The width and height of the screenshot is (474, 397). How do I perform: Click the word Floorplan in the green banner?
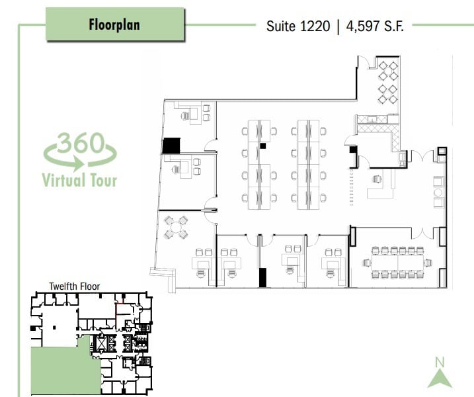tap(114, 26)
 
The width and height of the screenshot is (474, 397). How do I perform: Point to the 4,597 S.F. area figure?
tap(371, 26)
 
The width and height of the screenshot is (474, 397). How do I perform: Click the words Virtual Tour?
tap(79, 179)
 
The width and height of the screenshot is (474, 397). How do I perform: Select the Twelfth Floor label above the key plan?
tap(74, 287)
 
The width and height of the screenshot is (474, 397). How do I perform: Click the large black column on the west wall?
tap(171, 146)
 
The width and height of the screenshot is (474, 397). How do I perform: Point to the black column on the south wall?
tap(262, 277)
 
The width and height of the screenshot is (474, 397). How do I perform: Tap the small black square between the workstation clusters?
tap(262, 144)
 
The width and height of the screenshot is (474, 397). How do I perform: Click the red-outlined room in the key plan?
tap(124, 310)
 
